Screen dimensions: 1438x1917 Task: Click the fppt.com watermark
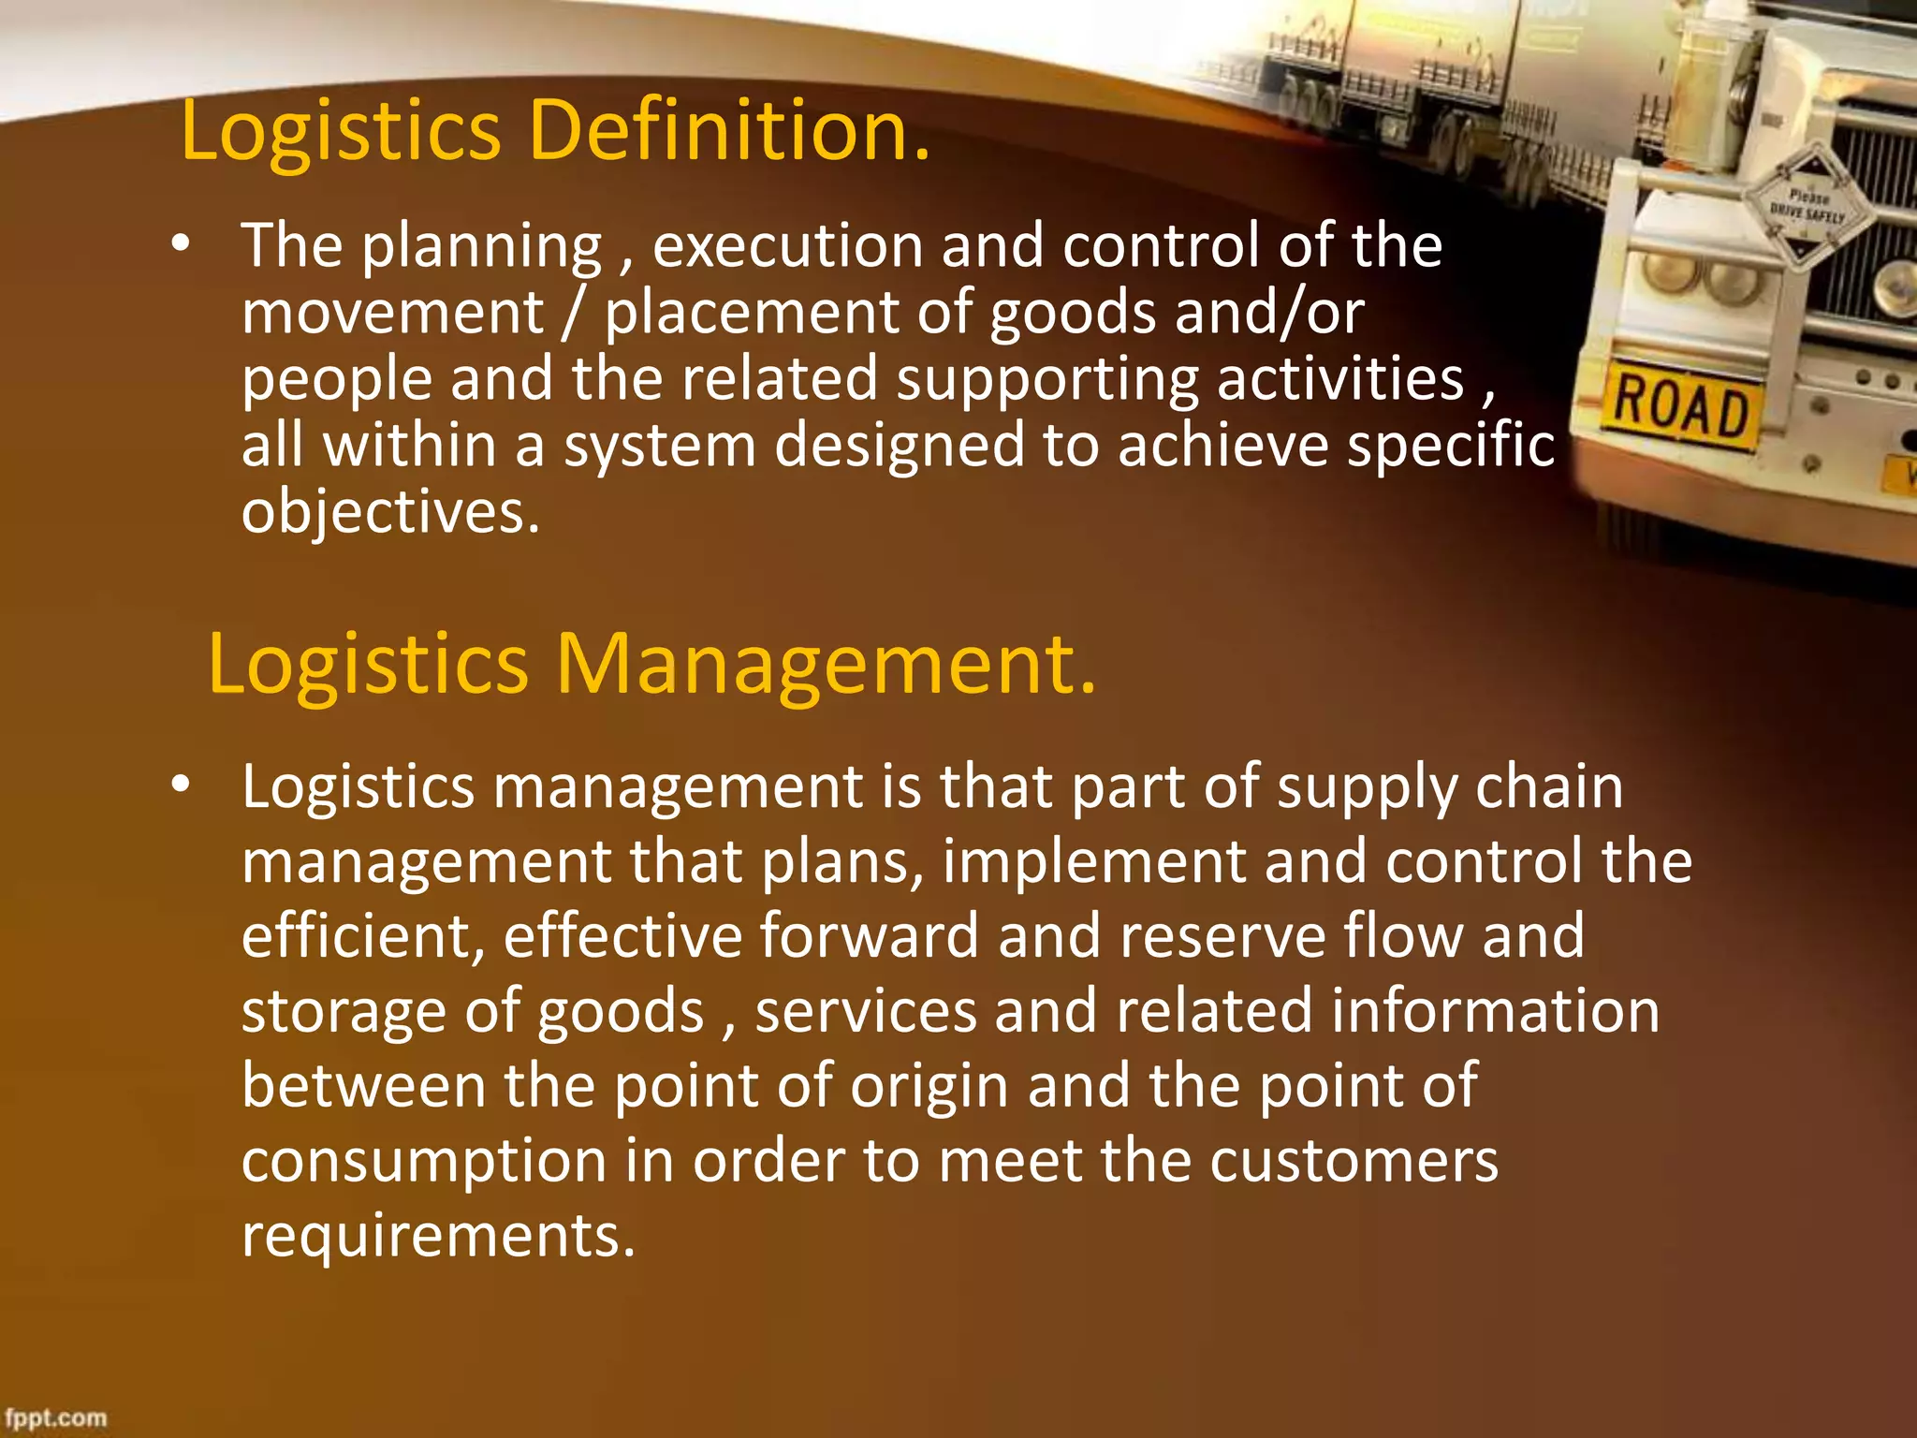(56, 1417)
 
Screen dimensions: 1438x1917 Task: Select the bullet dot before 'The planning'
(181, 245)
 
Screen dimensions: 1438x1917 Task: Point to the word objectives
(390, 513)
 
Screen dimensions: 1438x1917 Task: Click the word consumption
(424, 1161)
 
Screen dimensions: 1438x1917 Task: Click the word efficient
(363, 936)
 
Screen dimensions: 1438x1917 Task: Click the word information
(1495, 1011)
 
